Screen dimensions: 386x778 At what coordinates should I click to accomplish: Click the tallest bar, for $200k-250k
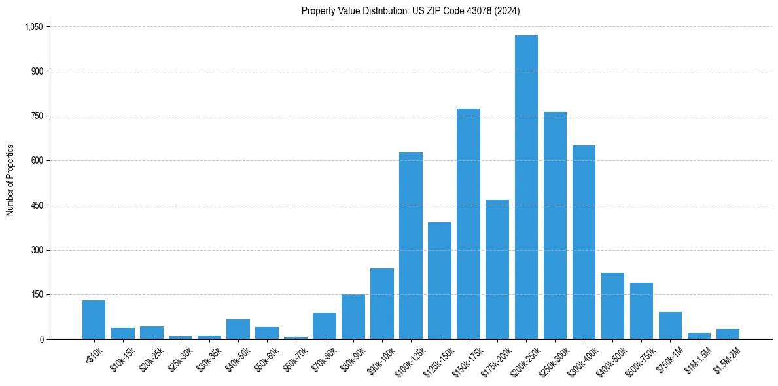pyautogui.click(x=526, y=187)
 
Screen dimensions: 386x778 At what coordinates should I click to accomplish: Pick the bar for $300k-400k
pyautogui.click(x=584, y=242)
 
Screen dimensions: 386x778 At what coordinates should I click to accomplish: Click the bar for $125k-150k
pyautogui.click(x=440, y=281)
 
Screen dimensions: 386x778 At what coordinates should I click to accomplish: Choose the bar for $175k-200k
pyautogui.click(x=497, y=269)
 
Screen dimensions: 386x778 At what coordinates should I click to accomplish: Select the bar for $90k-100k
pyautogui.click(x=382, y=304)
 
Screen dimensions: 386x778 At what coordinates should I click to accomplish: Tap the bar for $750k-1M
pyautogui.click(x=670, y=325)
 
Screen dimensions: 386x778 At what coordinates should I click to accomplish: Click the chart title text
pyautogui.click(x=411, y=10)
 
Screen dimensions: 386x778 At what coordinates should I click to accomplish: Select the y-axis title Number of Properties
pyautogui.click(x=10, y=180)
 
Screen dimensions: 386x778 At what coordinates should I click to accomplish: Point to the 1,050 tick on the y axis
pyautogui.click(x=33, y=27)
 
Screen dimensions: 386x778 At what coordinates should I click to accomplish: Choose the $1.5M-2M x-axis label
pyautogui.click(x=727, y=359)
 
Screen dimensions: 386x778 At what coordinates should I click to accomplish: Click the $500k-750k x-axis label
pyautogui.click(x=641, y=359)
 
